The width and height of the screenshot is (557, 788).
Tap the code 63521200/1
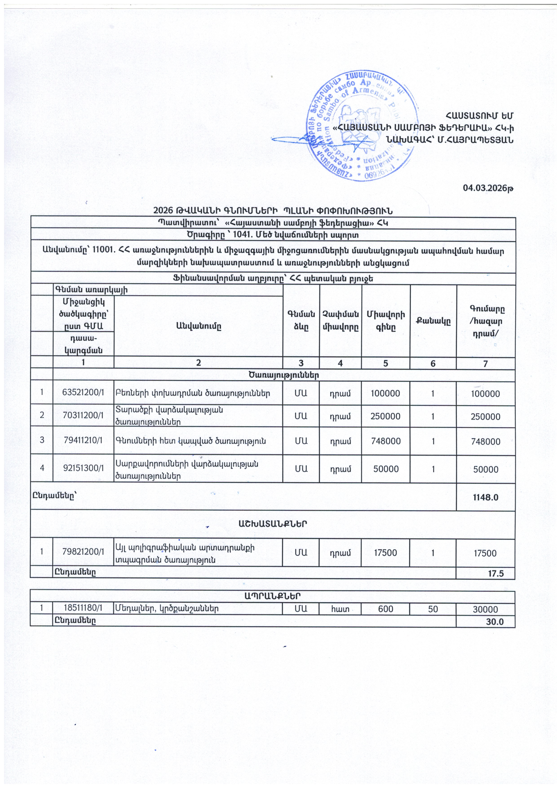coord(83,393)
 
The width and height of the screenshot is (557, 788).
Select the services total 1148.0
coord(486,497)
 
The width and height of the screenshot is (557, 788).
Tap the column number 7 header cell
coord(485,363)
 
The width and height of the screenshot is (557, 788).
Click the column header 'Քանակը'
coord(433,321)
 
